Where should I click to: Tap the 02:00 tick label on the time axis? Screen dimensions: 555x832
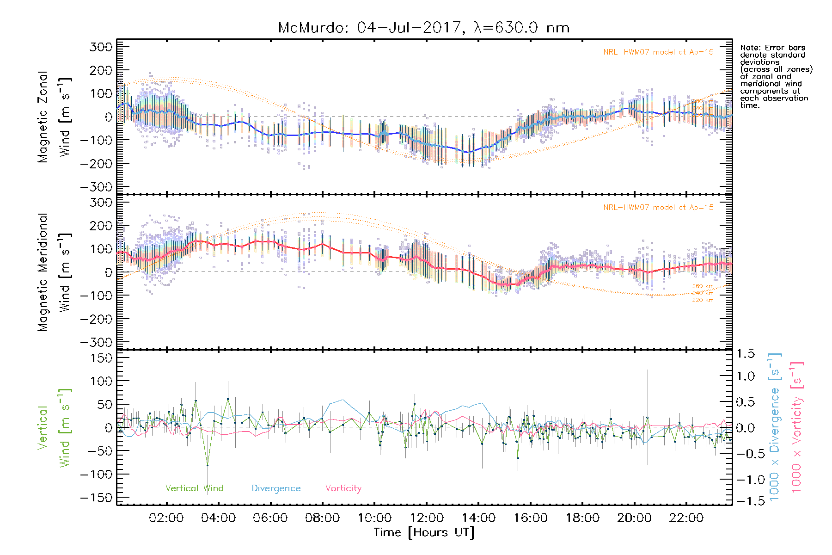tap(166, 518)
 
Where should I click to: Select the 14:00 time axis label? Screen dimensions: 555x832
tap(478, 518)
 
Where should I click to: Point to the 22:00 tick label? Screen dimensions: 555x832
tap(686, 518)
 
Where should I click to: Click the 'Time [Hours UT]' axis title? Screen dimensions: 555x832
tap(424, 532)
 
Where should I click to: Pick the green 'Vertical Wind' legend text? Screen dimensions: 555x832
tap(194, 488)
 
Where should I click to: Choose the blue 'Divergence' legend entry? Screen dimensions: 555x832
tap(276, 488)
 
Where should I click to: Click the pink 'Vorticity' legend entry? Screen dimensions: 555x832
tap(343, 488)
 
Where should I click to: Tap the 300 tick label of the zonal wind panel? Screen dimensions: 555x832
tap(101, 47)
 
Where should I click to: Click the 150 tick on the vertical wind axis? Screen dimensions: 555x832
tap(101, 358)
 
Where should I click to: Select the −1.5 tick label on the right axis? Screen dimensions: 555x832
tap(745, 501)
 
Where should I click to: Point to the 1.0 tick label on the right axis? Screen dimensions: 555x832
tap(745, 376)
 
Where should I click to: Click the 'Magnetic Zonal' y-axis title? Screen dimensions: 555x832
tap(43, 117)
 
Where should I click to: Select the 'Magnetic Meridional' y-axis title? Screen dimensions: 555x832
tap(43, 272)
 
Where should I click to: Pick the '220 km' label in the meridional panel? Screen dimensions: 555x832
tap(703, 300)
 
